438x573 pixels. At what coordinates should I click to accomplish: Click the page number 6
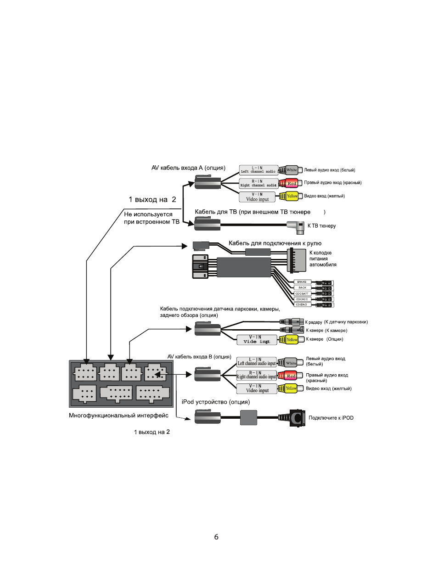click(x=216, y=537)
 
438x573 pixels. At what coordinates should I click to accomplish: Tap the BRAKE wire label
click(x=302, y=282)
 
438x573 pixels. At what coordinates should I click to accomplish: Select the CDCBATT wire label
click(x=302, y=293)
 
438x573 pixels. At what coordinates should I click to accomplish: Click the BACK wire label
click(x=302, y=288)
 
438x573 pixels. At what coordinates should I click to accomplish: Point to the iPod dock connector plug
click(x=296, y=418)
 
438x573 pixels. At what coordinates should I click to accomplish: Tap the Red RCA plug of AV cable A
click(x=291, y=183)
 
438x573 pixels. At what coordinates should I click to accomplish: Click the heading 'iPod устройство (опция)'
click(x=216, y=402)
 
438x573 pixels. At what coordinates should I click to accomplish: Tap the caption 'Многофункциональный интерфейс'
click(x=118, y=416)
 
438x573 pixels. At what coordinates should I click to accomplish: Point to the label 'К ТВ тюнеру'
click(x=321, y=226)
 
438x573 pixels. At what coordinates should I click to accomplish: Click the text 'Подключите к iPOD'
click(x=331, y=418)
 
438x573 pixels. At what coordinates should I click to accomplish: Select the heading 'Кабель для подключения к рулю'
click(x=275, y=243)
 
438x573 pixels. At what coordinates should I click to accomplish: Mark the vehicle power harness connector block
click(x=297, y=260)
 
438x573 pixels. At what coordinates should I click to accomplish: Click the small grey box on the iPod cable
click(x=248, y=417)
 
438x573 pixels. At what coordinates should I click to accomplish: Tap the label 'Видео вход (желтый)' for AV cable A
click(x=324, y=196)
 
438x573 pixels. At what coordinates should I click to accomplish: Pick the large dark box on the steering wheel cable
click(x=244, y=267)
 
